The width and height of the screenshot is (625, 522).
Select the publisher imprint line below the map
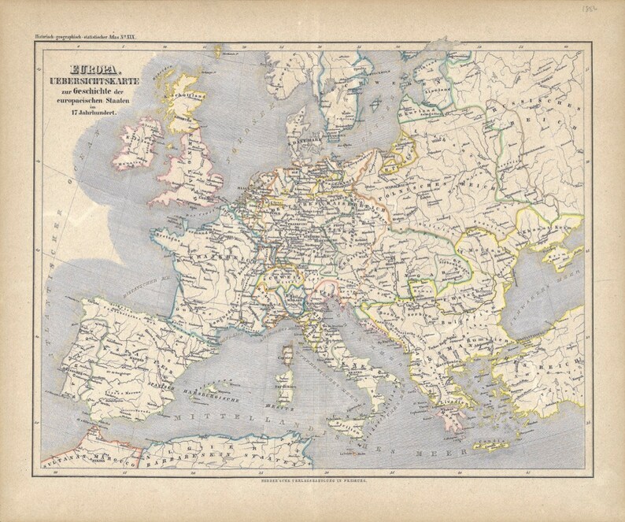pos(312,479)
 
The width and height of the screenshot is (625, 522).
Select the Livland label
pos(432,96)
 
